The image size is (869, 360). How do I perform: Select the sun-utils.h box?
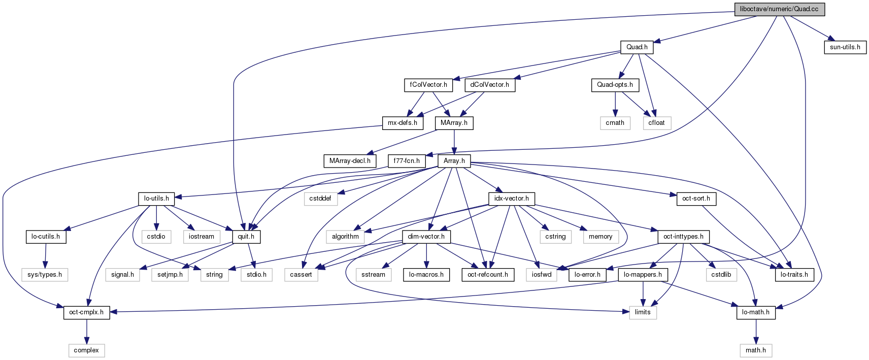[845, 47]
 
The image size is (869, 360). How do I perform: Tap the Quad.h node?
[637, 47]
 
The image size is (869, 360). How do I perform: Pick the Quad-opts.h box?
[615, 85]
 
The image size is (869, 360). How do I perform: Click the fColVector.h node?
[428, 85]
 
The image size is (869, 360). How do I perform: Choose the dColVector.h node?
[489, 85]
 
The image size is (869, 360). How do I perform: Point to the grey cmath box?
[615, 123]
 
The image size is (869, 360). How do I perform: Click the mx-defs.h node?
[403, 123]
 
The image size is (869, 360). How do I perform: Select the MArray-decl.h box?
[350, 161]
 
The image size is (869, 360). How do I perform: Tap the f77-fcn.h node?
[407, 161]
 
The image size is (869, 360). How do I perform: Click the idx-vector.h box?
[511, 199]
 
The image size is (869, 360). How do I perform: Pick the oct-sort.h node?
[696, 199]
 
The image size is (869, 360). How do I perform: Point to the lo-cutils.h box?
[46, 237]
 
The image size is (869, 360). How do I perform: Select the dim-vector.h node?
[426, 237]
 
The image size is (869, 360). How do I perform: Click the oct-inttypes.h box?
[683, 237]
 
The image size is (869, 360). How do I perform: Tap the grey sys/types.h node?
[45, 275]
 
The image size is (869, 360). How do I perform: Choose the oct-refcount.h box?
[487, 275]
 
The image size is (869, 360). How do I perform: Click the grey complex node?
[86, 350]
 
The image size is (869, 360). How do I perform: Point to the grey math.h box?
[755, 350]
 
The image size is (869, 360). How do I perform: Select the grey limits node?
[643, 312]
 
